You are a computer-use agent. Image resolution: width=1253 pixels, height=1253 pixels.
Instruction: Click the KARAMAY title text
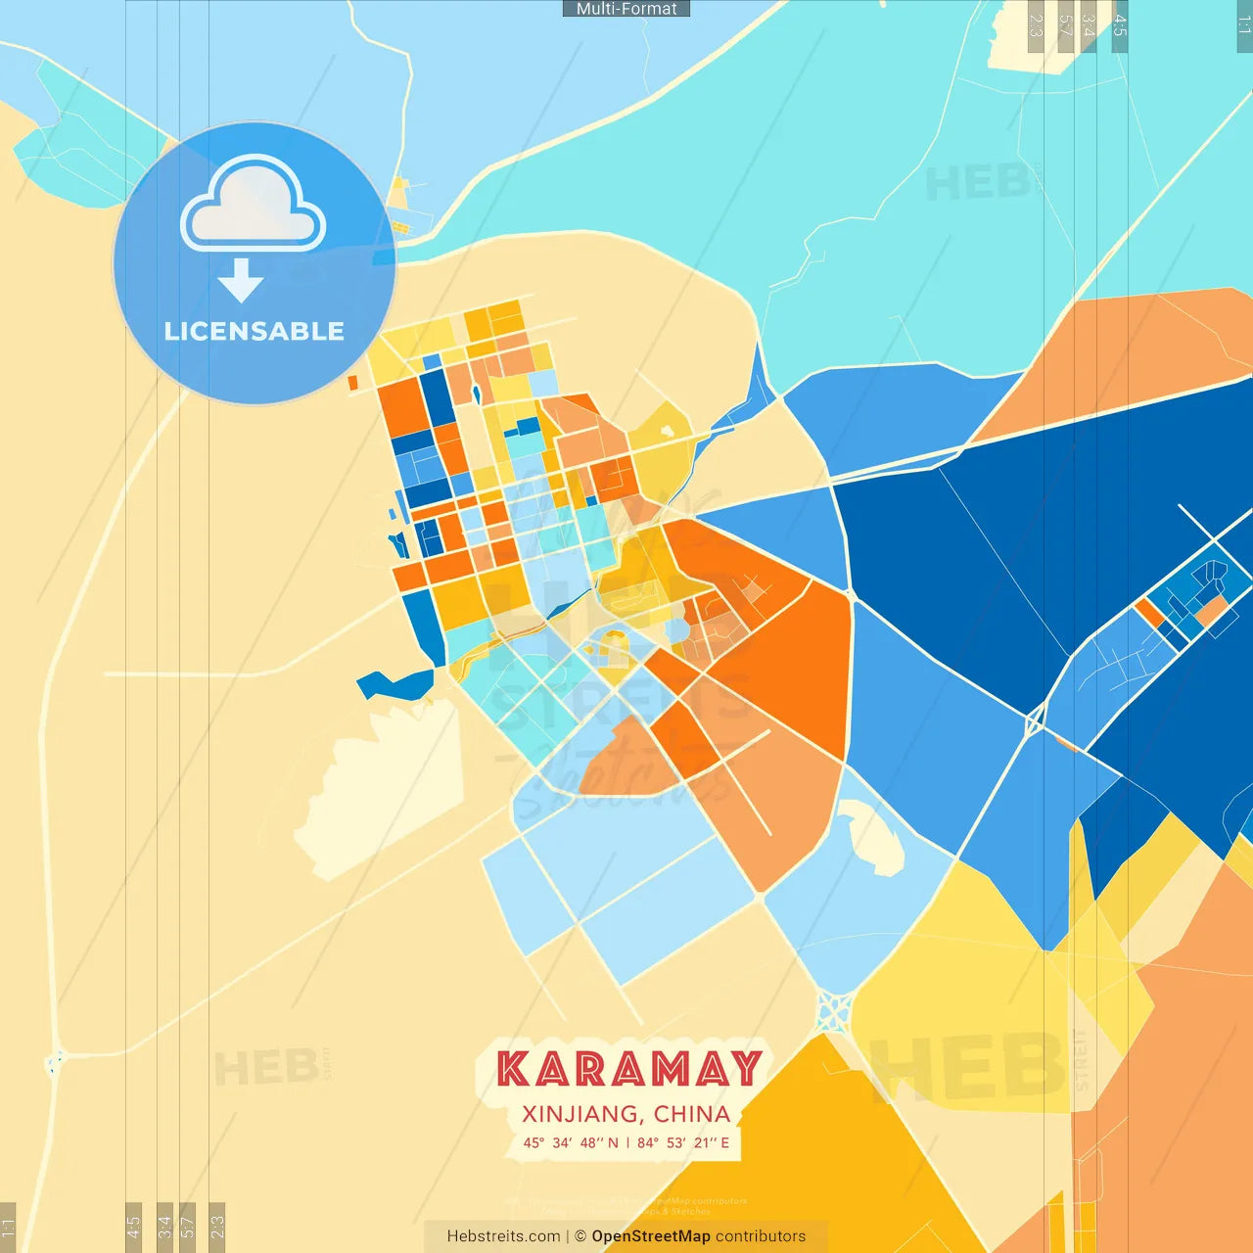coord(628,1069)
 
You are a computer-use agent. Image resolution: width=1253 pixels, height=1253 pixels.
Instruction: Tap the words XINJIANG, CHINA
coord(626,1114)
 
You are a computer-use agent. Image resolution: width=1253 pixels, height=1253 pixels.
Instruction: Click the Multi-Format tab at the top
coord(626,9)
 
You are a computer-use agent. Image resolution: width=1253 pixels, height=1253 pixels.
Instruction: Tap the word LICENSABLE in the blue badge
coord(255,331)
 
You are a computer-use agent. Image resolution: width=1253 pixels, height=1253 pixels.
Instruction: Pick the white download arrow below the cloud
coord(241,281)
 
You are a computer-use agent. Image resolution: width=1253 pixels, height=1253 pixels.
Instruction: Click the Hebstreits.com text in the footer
coord(503,1236)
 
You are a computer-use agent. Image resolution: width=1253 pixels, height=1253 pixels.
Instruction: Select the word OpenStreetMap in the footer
coord(651,1236)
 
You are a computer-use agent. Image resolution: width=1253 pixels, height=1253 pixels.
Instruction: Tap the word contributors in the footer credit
coord(761,1236)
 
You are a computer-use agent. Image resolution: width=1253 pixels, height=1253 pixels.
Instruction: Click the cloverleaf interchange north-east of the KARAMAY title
coord(834,1012)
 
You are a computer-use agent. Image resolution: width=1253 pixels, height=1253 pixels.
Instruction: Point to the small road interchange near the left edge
coord(54,1060)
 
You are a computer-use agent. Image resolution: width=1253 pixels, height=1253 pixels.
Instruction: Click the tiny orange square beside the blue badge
coord(353,383)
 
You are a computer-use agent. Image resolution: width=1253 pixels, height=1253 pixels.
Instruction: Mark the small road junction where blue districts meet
coord(1035,723)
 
